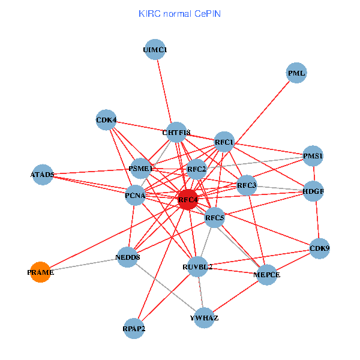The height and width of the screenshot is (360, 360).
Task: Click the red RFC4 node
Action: coord(188,199)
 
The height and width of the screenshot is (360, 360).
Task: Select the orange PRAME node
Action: coord(40,272)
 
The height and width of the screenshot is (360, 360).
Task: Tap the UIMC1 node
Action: coord(155,50)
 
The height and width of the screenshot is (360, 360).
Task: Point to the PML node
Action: coord(296,73)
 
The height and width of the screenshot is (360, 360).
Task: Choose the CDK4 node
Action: coord(106,119)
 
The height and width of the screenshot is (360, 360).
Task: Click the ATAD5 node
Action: coord(43,175)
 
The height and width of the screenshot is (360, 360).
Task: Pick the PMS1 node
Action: coord(313,156)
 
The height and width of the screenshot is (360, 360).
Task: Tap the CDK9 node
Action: coord(319,248)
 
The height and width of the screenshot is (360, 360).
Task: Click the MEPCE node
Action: coord(266,274)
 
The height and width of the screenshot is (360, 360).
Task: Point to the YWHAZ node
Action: coord(204,317)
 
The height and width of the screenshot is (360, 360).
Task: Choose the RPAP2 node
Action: coord(134,328)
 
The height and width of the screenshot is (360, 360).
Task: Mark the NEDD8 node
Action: coord(128,257)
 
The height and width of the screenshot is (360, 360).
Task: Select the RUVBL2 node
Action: coord(197,266)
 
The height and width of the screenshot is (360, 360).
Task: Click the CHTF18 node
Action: coord(176,132)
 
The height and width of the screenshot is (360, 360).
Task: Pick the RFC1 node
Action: coord(224,142)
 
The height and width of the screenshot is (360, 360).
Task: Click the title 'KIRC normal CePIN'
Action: coord(179,13)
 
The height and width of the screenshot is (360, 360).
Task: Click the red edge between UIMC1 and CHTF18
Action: coord(165,90)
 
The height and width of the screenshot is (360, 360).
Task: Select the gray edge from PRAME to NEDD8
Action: coord(84,265)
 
